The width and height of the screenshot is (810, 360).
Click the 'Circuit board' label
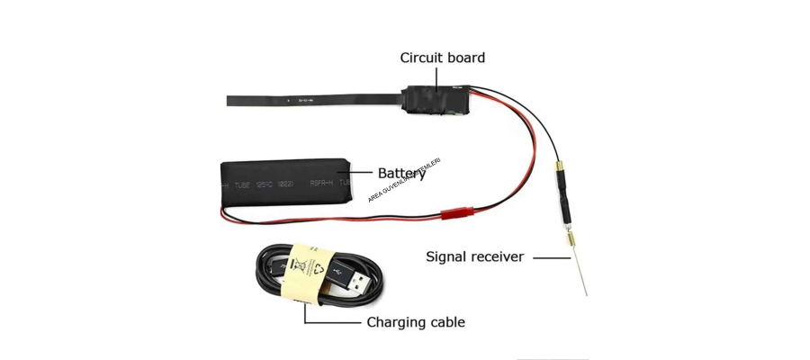click(442, 58)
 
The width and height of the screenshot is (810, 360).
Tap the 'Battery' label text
click(401, 173)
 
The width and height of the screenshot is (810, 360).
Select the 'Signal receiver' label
click(474, 257)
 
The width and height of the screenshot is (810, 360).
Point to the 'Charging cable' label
click(415, 321)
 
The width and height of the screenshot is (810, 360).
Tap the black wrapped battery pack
click(286, 182)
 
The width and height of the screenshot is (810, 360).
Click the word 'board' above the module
click(465, 58)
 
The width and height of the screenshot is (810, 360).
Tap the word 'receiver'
click(499, 257)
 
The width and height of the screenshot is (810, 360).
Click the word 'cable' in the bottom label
click(445, 321)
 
